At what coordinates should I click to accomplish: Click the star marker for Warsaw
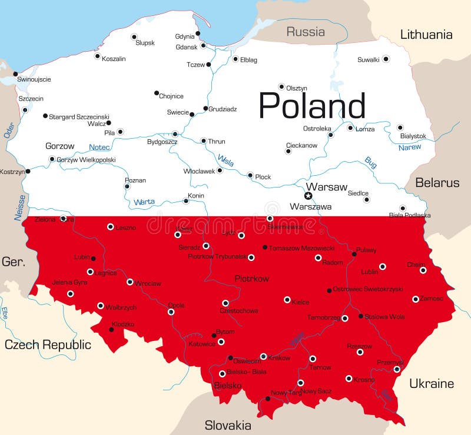click(x=308, y=196)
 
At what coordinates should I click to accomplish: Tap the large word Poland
click(x=312, y=106)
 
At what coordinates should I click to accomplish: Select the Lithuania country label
click(x=426, y=35)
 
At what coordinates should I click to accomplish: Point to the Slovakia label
click(x=228, y=425)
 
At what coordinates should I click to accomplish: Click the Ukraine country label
click(x=432, y=384)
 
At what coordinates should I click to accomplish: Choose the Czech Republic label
click(x=48, y=344)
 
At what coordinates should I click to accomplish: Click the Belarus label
click(x=437, y=183)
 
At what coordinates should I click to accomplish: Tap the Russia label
click(x=306, y=32)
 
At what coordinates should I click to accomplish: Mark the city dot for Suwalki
click(x=386, y=59)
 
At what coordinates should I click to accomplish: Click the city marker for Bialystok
click(x=400, y=127)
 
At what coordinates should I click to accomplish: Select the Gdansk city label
click(x=187, y=46)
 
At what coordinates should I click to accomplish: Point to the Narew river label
click(x=410, y=147)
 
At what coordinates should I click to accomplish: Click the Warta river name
click(x=144, y=202)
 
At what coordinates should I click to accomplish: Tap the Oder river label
click(x=8, y=130)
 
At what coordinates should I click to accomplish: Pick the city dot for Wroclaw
click(x=130, y=282)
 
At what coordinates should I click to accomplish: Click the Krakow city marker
click(x=263, y=356)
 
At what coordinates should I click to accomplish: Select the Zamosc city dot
click(x=416, y=299)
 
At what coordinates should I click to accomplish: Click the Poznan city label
click(x=135, y=180)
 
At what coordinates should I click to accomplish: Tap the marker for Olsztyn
click(x=281, y=86)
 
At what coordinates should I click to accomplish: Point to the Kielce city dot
click(x=287, y=300)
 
